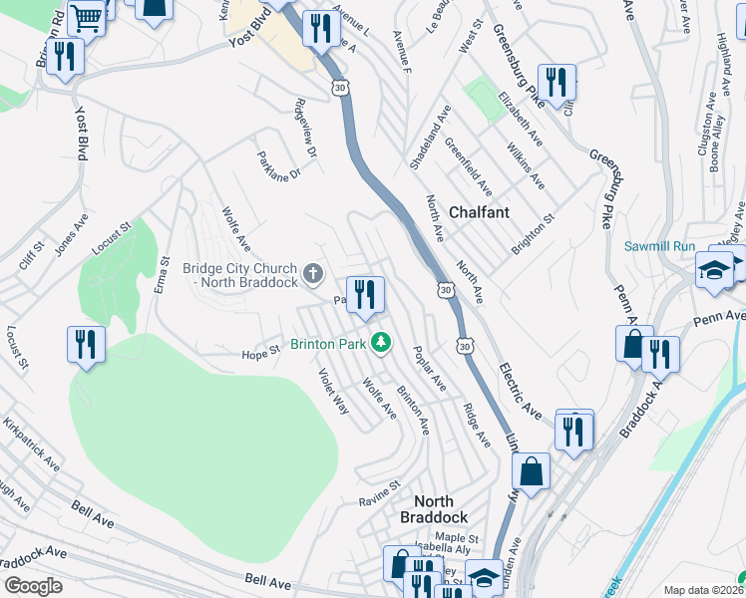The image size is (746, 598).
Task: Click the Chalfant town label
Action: point(479,212)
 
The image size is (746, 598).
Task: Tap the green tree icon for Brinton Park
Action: point(379,344)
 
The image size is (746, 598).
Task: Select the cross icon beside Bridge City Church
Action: point(313,272)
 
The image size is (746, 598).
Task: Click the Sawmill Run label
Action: point(658,246)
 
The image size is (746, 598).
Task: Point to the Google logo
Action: point(33,585)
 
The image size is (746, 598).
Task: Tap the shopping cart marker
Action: point(87,14)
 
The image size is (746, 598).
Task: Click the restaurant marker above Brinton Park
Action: point(365,294)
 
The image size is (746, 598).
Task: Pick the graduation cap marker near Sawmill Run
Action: point(715,270)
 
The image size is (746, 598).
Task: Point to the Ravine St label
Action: point(379,499)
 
